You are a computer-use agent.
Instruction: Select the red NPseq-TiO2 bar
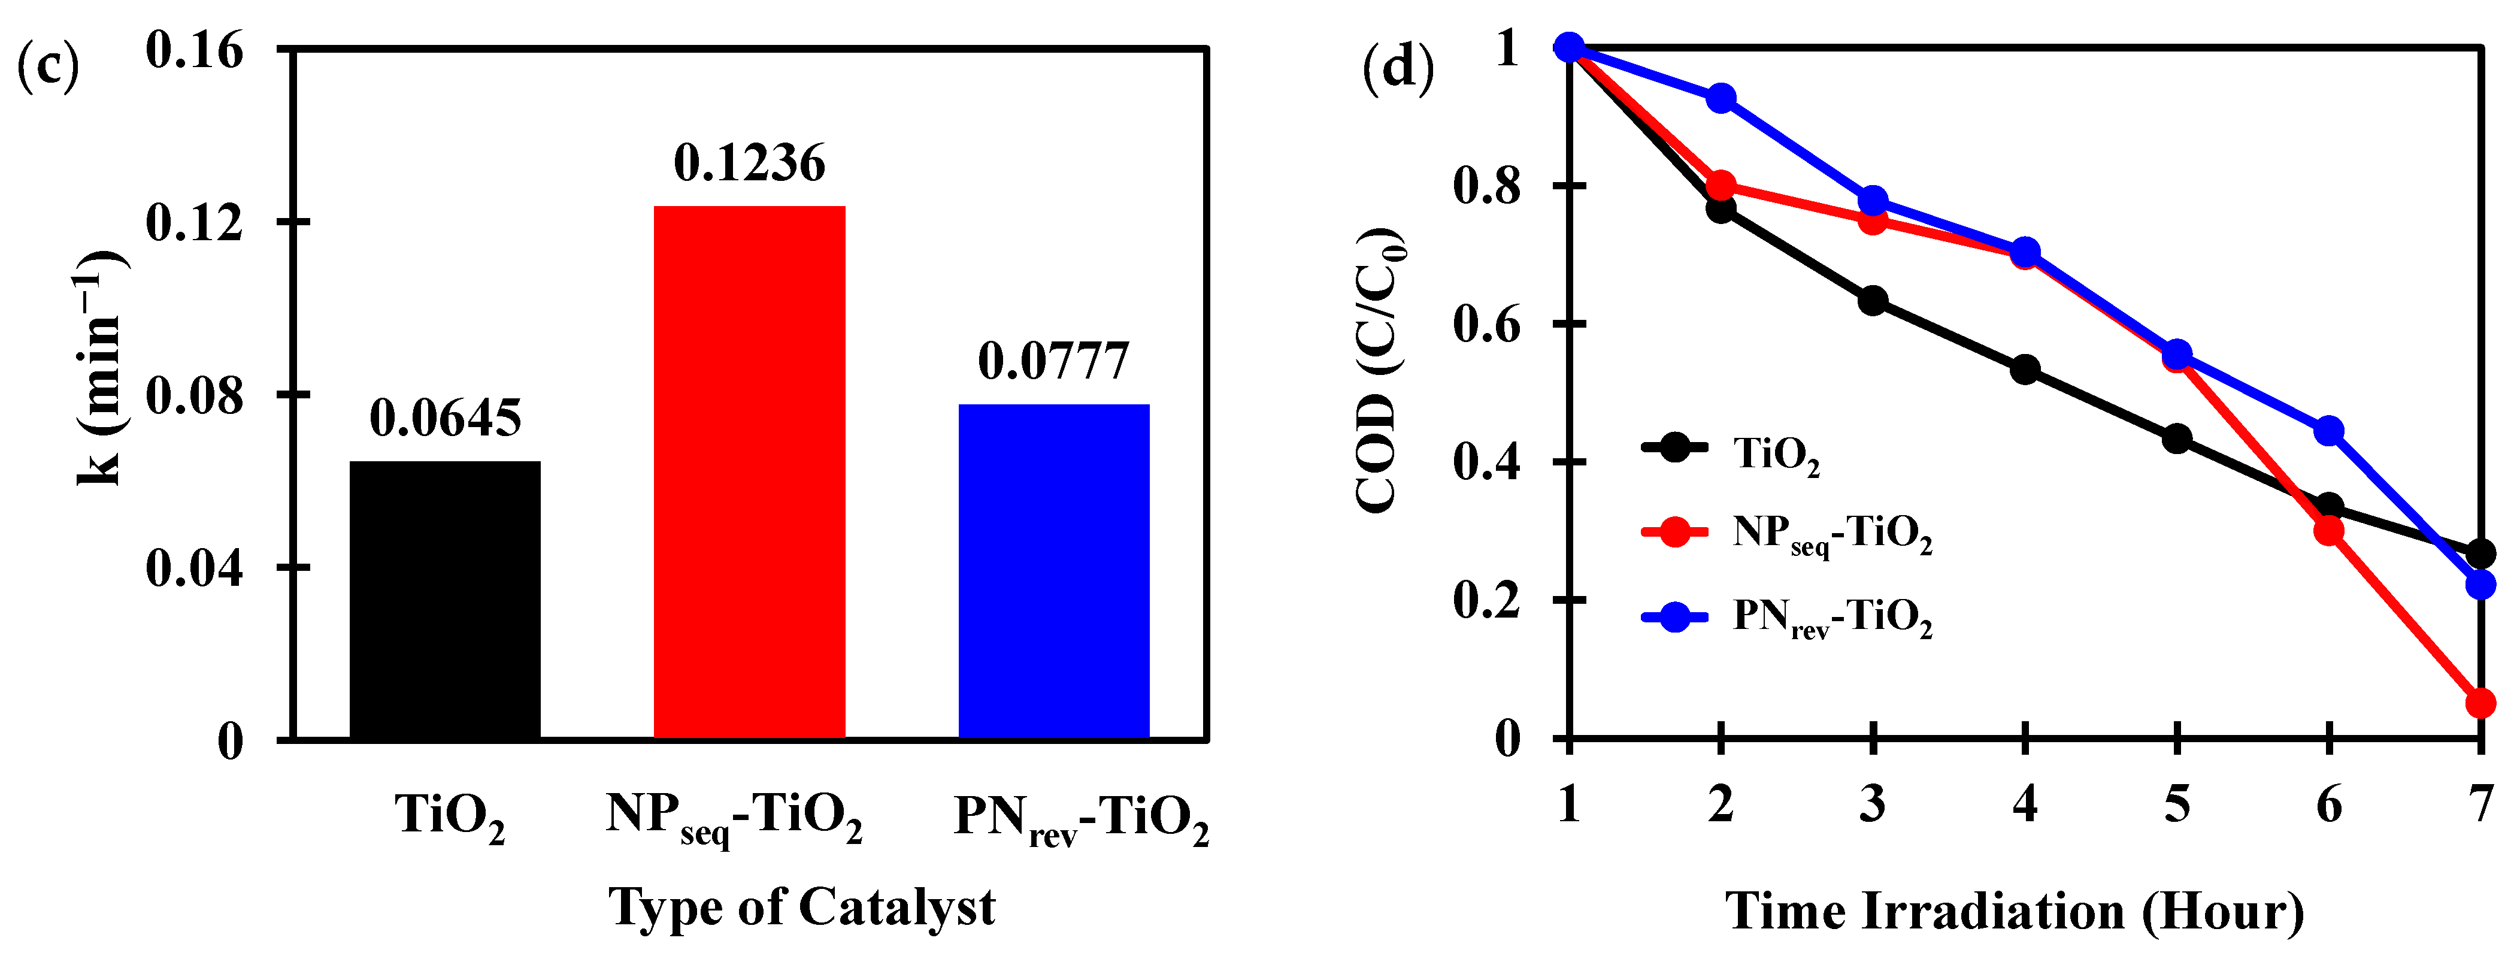(x=749, y=472)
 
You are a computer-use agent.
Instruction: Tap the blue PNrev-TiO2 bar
(x=1053, y=571)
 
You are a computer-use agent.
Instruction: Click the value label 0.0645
(x=445, y=419)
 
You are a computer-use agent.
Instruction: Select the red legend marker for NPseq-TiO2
(x=1675, y=533)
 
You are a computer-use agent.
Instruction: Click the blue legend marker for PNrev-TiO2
(x=1675, y=616)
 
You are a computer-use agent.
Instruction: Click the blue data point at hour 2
(x=1721, y=99)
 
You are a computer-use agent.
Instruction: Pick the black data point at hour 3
(x=1873, y=301)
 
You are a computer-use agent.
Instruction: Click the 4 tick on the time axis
(x=2025, y=804)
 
